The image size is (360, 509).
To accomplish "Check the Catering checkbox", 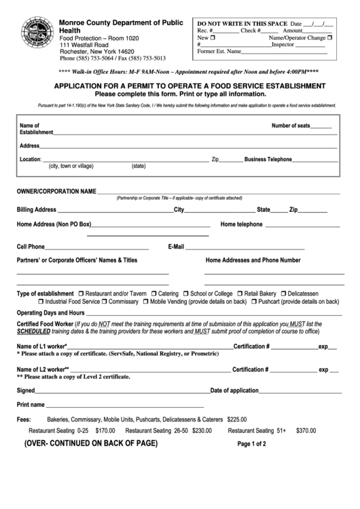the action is pos(155,293).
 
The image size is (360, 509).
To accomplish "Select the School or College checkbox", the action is pos(185,293).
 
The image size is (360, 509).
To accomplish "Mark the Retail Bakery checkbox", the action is pos(240,293).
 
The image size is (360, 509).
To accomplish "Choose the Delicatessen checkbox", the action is pos(283,293).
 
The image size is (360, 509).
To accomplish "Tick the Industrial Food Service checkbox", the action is pos(41,301).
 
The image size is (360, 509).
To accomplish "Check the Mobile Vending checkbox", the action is pos(146,301).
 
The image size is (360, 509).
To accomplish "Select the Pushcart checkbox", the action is pos(254,301).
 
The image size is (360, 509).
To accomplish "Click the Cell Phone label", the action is pos(31,247).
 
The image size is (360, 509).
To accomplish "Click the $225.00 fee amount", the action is pos(237,419).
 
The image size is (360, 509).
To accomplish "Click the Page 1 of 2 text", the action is pos(251,444).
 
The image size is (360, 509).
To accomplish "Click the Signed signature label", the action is pos(25,391).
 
